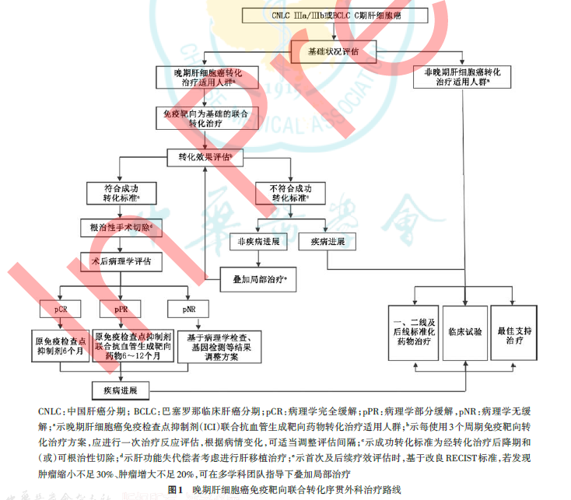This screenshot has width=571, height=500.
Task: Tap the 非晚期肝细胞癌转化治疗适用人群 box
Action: (462, 76)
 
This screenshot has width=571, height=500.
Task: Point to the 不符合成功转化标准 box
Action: (291, 193)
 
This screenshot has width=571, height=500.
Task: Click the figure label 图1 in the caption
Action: (177, 490)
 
